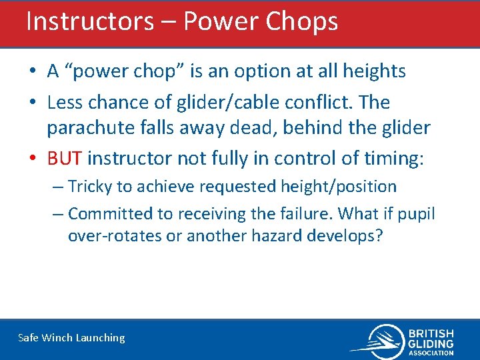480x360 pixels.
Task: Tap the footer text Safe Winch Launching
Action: pos(71,337)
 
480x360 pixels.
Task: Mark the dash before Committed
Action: pos(57,214)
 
